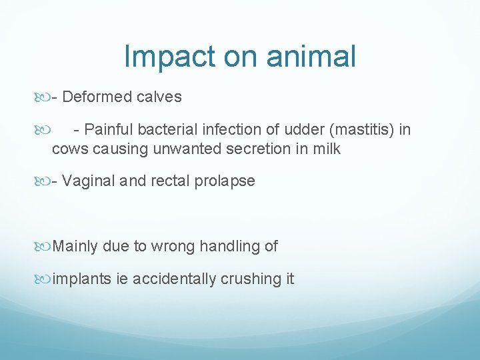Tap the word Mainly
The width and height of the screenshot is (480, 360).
tap(75, 247)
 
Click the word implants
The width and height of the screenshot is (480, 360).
tap(81, 279)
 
